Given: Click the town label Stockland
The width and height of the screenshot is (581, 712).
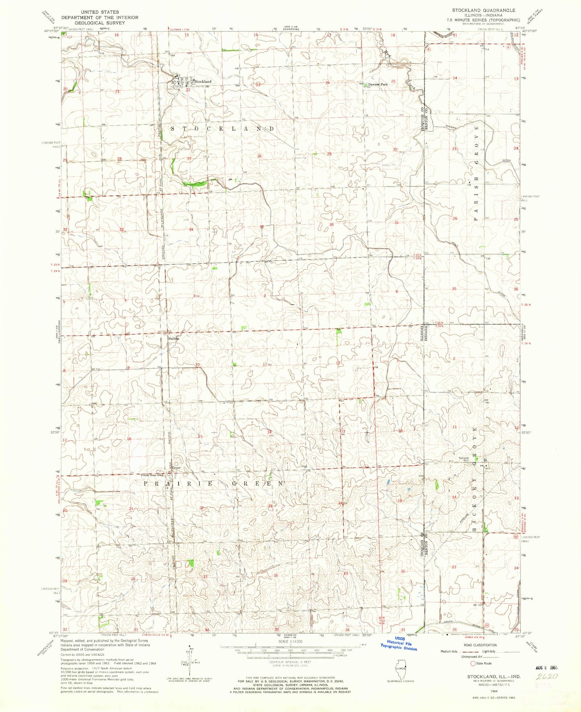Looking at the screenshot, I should tap(203, 82).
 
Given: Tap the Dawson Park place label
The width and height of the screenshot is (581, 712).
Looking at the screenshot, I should tap(378, 84).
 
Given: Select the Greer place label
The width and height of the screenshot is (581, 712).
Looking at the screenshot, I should tap(176, 468).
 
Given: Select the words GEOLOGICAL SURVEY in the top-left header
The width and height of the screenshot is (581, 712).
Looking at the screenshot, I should tap(100, 23).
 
